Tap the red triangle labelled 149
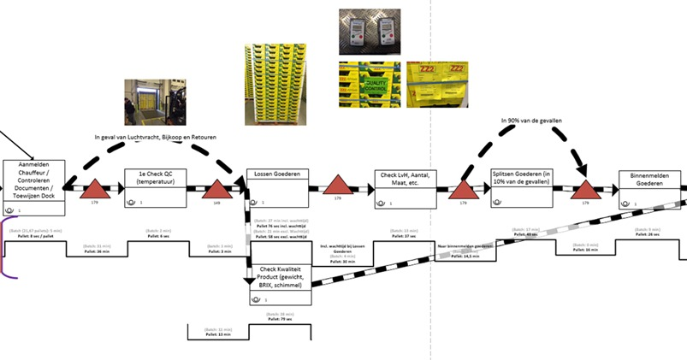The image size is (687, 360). pyautogui.click(x=216, y=190)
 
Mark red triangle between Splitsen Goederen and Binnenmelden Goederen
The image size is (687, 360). pyautogui.click(x=586, y=190)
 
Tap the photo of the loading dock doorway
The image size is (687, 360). pyautogui.click(x=154, y=103)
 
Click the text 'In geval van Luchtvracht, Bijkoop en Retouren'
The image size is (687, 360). pyautogui.click(x=169, y=137)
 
